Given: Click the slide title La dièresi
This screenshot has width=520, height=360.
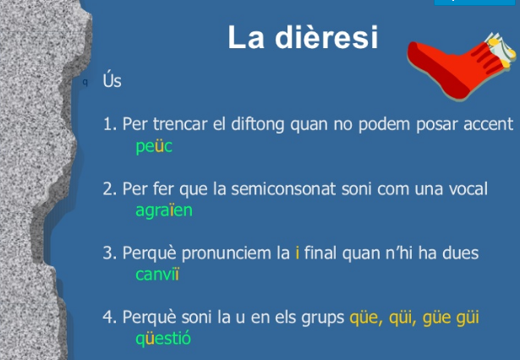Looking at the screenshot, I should (302, 37).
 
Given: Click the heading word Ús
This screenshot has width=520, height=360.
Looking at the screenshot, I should (112, 83).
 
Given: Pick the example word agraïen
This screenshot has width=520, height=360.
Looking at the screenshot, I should (164, 210).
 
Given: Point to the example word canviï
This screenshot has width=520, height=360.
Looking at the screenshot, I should (157, 274).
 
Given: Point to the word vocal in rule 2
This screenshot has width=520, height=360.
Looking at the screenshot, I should (468, 188).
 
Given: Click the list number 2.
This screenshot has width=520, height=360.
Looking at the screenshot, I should (108, 188).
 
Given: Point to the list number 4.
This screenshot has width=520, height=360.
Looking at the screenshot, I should (108, 318).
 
